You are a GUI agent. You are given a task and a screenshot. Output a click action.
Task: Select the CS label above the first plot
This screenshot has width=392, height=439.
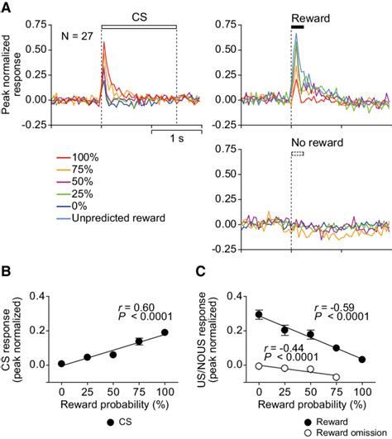[x=139, y=16]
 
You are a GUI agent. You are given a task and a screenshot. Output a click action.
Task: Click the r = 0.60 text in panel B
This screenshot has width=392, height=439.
[x=136, y=306]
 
